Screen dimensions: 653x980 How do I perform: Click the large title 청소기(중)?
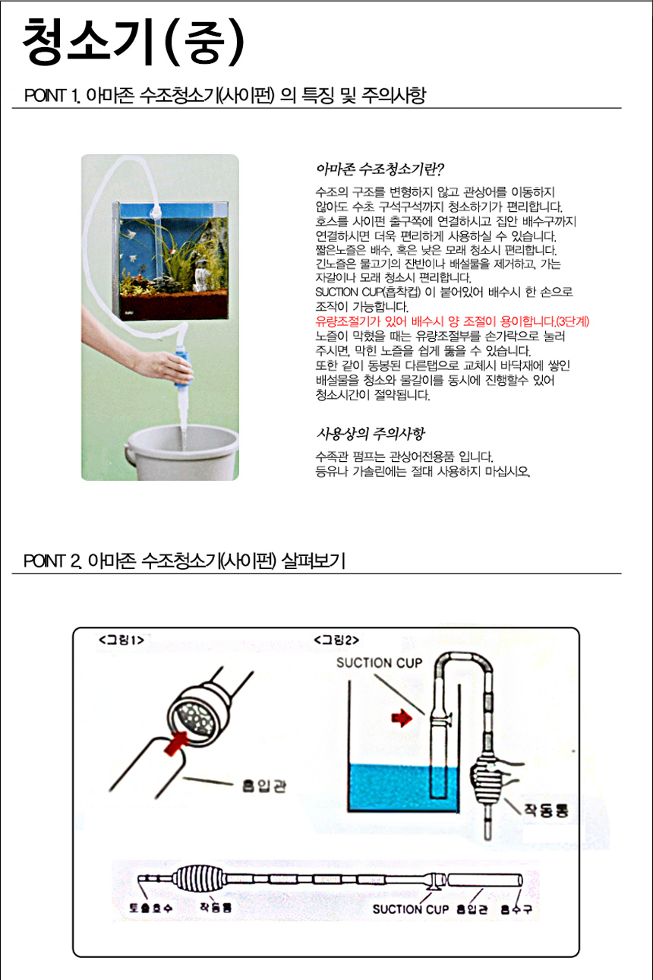point(133,42)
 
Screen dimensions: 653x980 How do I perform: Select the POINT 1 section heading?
point(225,95)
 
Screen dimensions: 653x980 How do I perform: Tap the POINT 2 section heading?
point(185,561)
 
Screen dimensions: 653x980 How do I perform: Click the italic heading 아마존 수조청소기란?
point(380,169)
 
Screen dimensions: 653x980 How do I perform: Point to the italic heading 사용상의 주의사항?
point(371,434)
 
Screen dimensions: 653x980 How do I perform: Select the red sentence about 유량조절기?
point(453,321)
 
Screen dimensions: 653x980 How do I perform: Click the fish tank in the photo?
point(171,261)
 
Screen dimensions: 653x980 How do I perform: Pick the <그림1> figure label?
point(121,640)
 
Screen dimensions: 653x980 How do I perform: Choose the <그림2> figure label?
point(336,640)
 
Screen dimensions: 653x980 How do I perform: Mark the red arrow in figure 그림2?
point(402,718)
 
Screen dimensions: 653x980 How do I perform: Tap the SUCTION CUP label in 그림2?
point(379,662)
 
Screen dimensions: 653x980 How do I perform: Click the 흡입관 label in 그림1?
point(264,786)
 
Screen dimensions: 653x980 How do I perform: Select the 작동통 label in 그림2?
point(546,811)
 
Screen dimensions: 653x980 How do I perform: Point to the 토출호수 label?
point(151,908)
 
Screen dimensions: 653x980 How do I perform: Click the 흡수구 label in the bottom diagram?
point(516,909)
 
